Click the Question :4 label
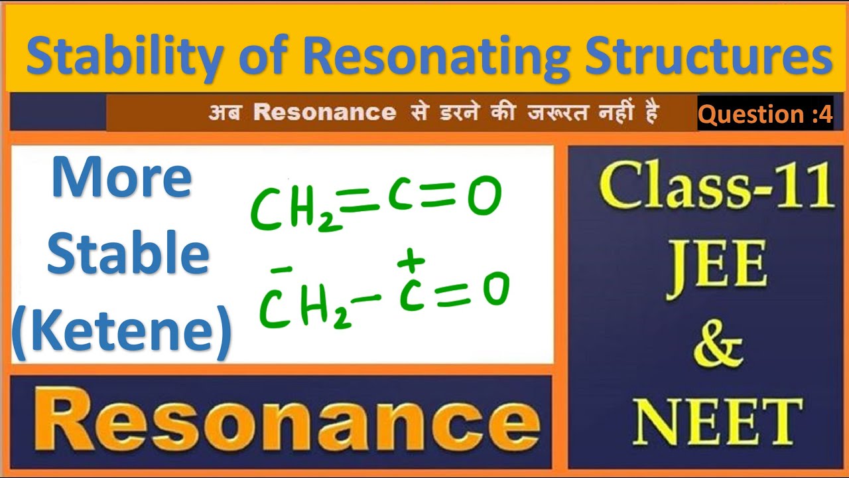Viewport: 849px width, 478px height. point(765,114)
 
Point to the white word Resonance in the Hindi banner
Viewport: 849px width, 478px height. point(324,112)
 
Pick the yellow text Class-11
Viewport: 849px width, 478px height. point(716,188)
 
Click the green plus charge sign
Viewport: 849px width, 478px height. point(411,261)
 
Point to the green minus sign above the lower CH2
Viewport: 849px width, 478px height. point(282,270)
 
